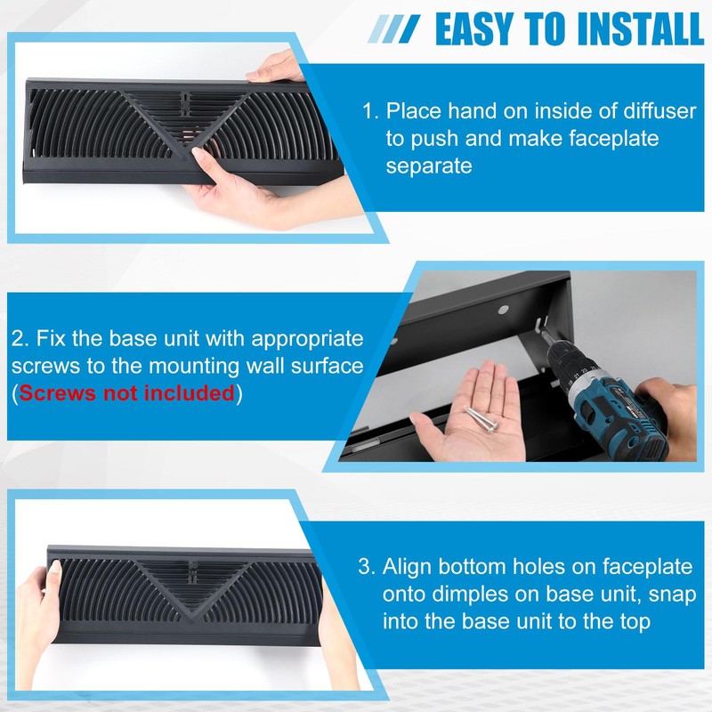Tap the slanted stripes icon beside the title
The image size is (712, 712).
(x=393, y=29)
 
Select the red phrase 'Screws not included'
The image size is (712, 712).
(x=126, y=392)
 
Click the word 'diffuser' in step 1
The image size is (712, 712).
(x=659, y=110)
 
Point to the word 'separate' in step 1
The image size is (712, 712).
(x=429, y=166)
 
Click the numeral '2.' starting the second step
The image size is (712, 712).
(x=20, y=339)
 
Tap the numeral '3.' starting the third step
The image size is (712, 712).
(x=368, y=567)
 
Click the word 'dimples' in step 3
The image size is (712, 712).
(x=470, y=595)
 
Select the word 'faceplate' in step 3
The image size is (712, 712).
(x=649, y=568)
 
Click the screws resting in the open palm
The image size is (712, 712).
(x=482, y=418)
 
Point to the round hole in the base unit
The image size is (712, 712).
(x=503, y=310)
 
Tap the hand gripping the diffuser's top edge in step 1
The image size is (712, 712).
(x=275, y=68)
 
